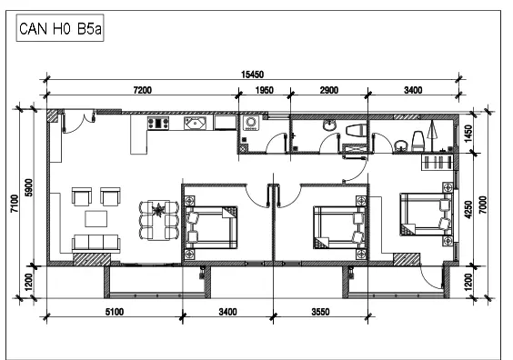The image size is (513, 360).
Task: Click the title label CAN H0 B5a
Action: tap(60, 28)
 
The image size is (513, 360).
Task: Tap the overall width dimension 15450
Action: tap(252, 75)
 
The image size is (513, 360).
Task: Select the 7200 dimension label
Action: tap(143, 90)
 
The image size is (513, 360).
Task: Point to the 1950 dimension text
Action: tap(265, 90)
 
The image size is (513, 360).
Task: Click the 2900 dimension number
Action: tap(328, 90)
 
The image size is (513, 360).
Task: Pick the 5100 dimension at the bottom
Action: tap(115, 312)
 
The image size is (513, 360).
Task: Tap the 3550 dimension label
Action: tap(320, 312)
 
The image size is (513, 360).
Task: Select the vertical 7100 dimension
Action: tap(15, 204)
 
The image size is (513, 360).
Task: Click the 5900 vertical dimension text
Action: tap(29, 187)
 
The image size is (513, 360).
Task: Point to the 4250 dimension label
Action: tap(468, 210)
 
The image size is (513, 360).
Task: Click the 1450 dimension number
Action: tap(468, 134)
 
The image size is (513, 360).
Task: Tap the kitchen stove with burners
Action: tap(158, 123)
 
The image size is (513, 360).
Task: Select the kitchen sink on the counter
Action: tap(195, 124)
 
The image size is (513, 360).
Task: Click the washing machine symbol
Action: tap(251, 123)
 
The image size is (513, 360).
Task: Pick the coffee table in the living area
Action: tap(96, 219)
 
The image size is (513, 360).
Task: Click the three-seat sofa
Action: tap(96, 243)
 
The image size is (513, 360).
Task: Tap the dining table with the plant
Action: tap(158, 220)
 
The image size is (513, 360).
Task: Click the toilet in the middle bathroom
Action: tap(357, 130)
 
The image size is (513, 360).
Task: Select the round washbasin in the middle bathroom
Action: tap(329, 125)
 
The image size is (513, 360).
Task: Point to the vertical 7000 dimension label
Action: tap(483, 205)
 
